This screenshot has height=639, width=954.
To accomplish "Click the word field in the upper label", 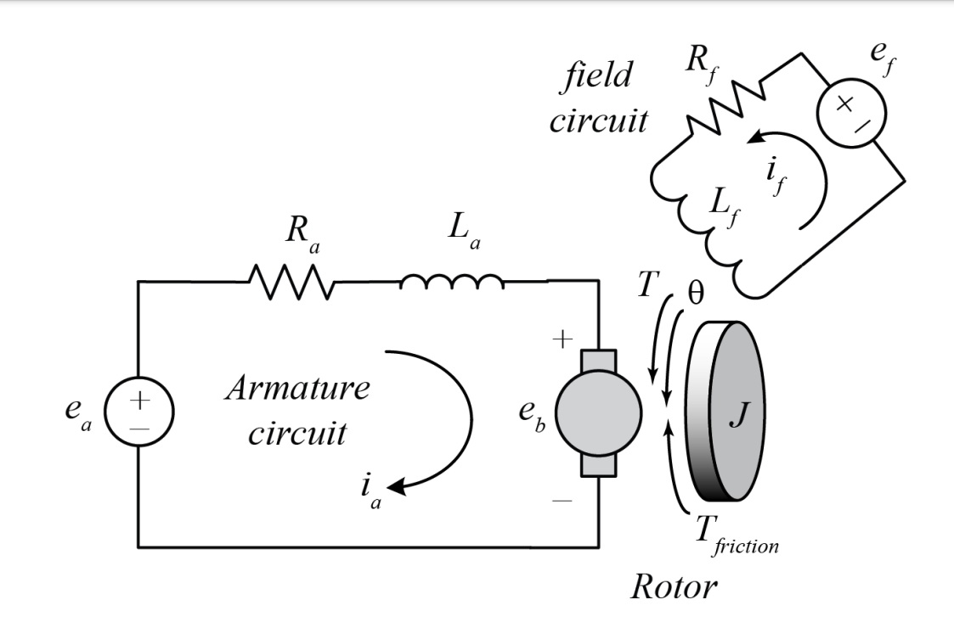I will pyautogui.click(x=600, y=76).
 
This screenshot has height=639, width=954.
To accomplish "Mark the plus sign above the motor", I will pyautogui.click(x=562, y=340).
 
